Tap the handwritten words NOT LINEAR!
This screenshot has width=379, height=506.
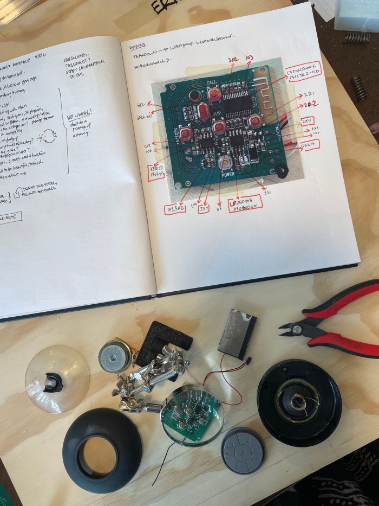[80, 115]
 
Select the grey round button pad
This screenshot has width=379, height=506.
[242, 450]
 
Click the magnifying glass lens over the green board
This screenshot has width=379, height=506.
[192, 415]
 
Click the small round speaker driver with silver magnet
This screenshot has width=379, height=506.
[116, 356]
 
